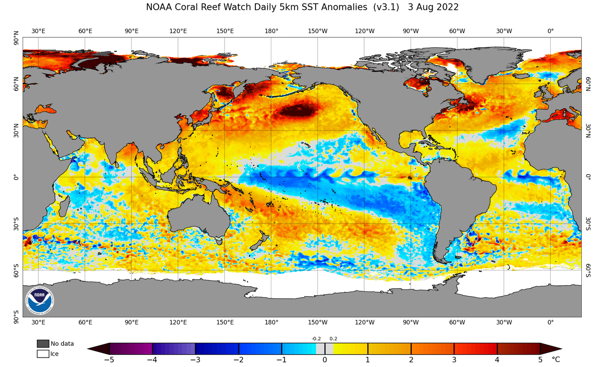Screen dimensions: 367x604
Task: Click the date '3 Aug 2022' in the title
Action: click(433, 7)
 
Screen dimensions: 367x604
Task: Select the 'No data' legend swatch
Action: click(42, 343)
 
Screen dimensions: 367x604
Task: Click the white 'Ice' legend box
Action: click(42, 353)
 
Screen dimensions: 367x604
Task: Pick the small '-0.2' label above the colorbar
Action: click(316, 339)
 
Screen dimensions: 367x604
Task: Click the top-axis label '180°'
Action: click(271, 31)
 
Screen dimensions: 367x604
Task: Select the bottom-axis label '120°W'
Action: click(364, 323)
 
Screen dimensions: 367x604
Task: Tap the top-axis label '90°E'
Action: click(132, 31)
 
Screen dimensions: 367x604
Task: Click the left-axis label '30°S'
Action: click(16, 223)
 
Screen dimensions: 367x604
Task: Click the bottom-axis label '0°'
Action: click(551, 323)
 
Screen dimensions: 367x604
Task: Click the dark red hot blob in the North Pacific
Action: click(296, 111)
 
